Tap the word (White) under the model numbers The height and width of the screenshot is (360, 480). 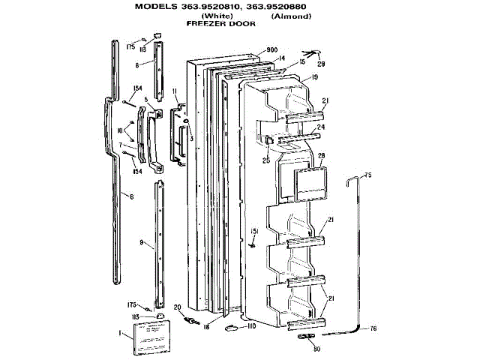point(214,16)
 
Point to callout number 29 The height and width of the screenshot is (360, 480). point(321,65)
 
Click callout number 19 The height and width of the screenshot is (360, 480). point(315,77)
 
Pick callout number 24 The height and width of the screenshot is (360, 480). point(320,127)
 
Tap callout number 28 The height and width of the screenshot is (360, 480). point(320,156)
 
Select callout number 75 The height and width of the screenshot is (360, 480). point(367,175)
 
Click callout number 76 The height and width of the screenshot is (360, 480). point(373,329)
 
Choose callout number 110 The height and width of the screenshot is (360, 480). point(251,326)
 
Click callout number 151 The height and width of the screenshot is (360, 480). point(253,230)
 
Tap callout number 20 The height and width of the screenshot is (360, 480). point(177,307)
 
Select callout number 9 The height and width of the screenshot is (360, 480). point(141,243)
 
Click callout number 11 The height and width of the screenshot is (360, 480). point(174,91)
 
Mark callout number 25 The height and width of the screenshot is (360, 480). point(266,160)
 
